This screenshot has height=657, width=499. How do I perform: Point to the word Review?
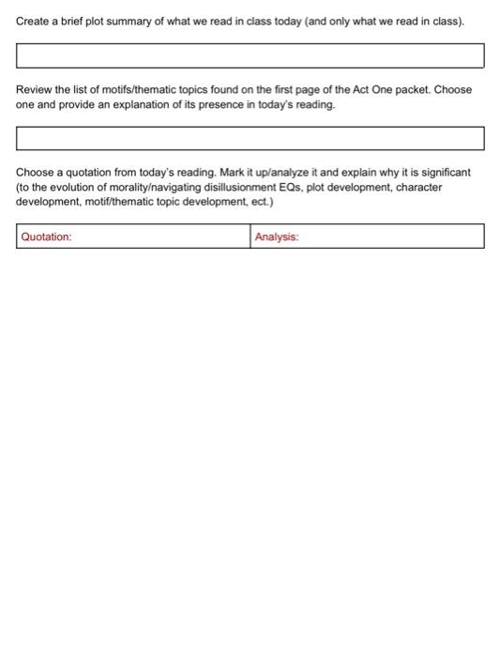pyautogui.click(x=35, y=90)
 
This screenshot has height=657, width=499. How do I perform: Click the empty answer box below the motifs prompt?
pyautogui.click(x=249, y=138)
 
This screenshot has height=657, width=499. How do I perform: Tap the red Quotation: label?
pyautogui.click(x=47, y=237)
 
